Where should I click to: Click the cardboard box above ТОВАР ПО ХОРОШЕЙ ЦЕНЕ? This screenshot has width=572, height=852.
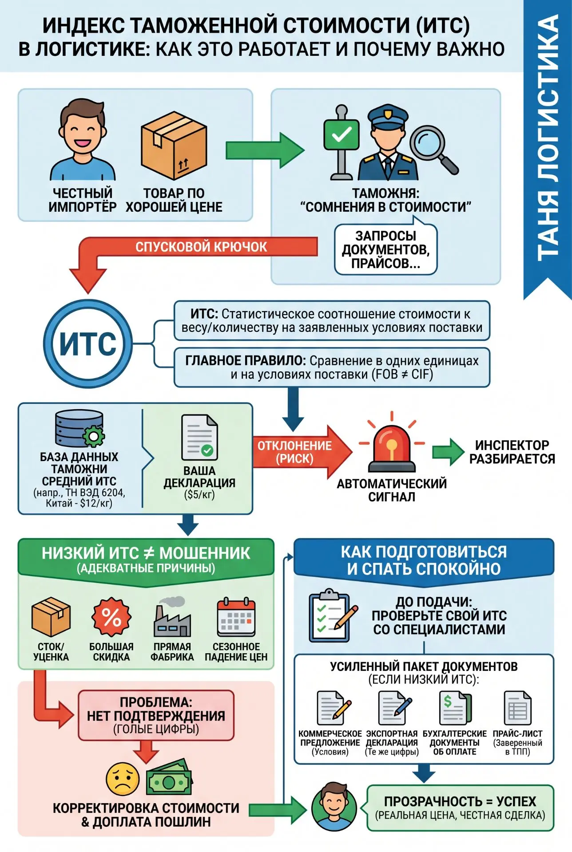pos(174,145)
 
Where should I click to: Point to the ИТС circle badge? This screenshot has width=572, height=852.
pos(88,344)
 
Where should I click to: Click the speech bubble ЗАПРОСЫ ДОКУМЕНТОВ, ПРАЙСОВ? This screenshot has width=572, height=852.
pos(385,248)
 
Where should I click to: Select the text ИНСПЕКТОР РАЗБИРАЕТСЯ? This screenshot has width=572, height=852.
pos(512,452)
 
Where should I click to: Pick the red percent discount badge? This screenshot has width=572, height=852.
pos(111,617)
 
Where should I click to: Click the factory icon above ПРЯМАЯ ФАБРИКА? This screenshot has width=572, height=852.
pos(172,617)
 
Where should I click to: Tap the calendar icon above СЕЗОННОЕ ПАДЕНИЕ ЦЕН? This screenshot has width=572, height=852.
pos(236,617)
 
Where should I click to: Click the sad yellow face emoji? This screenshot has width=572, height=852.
pos(123,779)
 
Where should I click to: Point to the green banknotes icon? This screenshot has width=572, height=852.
pos(169,777)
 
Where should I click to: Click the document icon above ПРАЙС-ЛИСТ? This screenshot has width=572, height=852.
pos(517,708)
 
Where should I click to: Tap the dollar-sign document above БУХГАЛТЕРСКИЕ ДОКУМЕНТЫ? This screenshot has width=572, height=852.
pos(455,708)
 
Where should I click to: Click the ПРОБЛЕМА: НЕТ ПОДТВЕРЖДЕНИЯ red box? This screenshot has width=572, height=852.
pos(156,715)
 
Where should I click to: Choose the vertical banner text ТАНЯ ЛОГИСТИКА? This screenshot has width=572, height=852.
pos(547,138)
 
